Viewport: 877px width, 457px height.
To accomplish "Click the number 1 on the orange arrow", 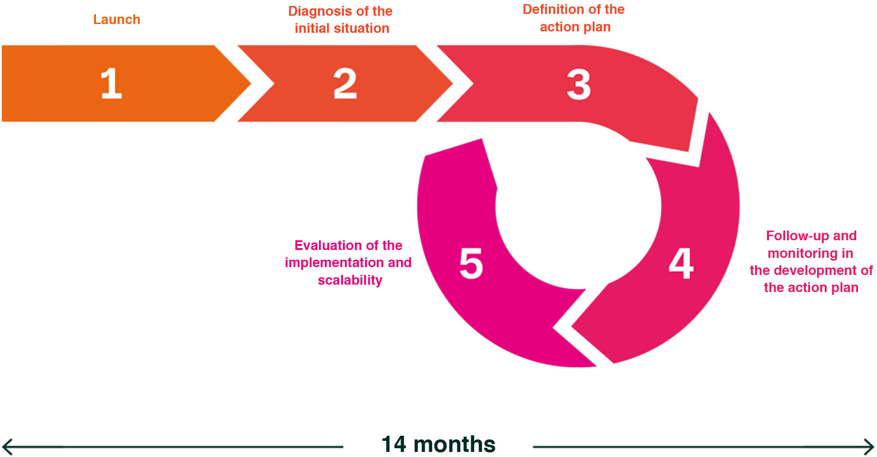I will [x=111, y=84].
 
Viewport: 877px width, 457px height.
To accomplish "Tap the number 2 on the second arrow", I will [x=345, y=84].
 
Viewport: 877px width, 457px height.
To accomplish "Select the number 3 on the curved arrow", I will [x=578, y=85].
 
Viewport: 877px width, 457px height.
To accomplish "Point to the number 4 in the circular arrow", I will [x=681, y=263].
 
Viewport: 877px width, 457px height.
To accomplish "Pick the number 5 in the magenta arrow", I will [x=471, y=263].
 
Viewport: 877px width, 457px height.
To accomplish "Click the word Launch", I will [x=117, y=19].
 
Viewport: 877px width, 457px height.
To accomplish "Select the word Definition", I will [x=553, y=9].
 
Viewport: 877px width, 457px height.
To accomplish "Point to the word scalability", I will [x=350, y=280].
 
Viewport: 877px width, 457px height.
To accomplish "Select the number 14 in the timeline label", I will [x=394, y=444].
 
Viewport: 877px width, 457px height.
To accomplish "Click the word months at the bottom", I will [x=454, y=444].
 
